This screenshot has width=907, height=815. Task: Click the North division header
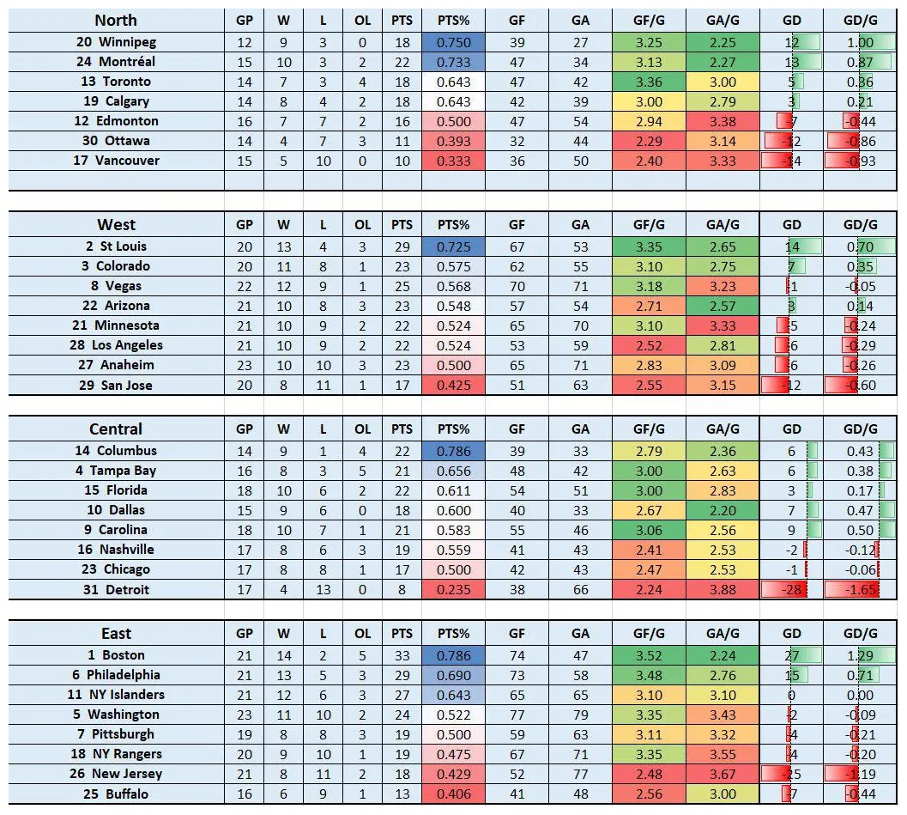click(x=116, y=21)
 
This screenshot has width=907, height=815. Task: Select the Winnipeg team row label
click(x=116, y=42)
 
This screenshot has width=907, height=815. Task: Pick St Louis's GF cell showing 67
click(x=517, y=246)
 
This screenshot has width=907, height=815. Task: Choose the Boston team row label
click(x=116, y=655)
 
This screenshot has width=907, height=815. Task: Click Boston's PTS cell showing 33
click(x=402, y=655)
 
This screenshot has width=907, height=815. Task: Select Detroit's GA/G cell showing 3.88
click(x=723, y=590)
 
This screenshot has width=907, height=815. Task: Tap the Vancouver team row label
click(x=116, y=161)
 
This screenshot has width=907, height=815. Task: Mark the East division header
click(x=116, y=634)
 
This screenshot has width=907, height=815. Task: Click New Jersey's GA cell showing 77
click(x=581, y=774)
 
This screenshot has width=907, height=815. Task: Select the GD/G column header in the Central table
click(x=860, y=429)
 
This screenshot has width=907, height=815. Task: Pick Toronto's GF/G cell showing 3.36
click(x=649, y=82)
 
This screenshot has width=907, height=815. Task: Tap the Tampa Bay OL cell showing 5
click(x=363, y=471)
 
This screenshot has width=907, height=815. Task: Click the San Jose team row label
click(x=116, y=386)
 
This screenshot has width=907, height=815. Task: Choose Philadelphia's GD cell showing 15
click(x=792, y=675)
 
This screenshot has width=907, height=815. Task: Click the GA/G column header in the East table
click(x=723, y=634)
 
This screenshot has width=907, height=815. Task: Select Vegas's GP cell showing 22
click(x=245, y=286)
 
